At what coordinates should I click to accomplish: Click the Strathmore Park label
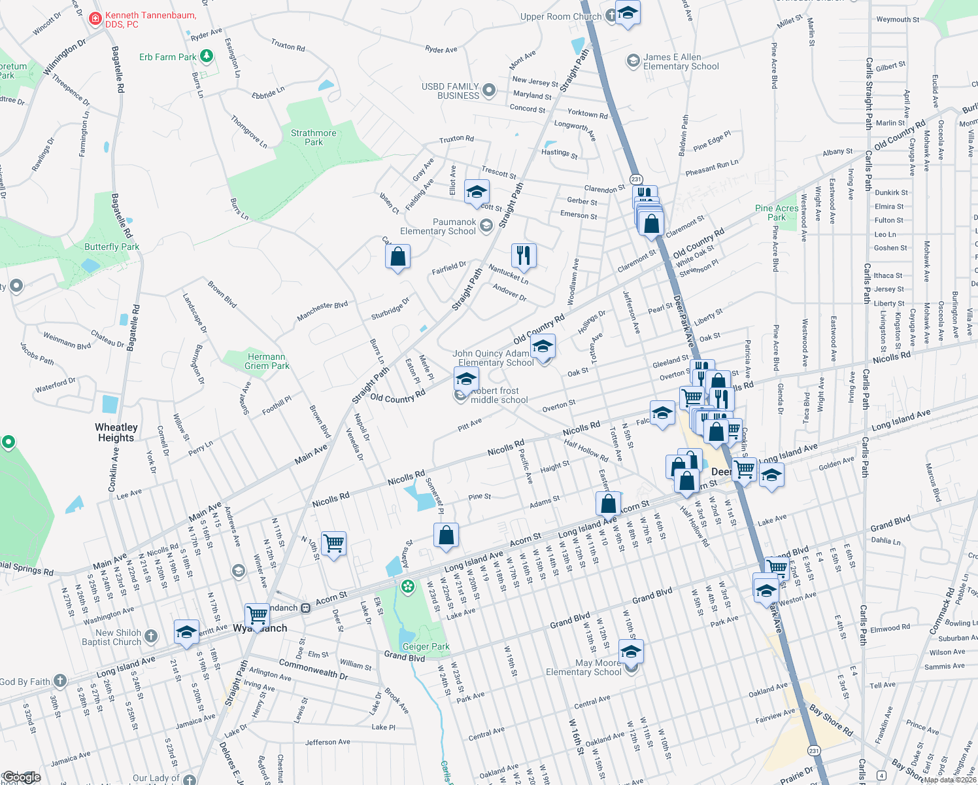pos(314,137)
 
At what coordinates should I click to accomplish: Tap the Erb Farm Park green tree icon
pos(207,56)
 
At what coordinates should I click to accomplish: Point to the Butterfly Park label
pos(112,247)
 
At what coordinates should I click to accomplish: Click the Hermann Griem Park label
pos(267,361)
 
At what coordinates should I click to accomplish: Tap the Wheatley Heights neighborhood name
pos(116,432)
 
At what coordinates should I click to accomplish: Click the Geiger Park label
pos(426,646)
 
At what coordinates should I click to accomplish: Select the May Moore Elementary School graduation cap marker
pos(631,652)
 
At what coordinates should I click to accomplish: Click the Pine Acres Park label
pos(777,213)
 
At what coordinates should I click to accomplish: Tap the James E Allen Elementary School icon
pos(633,61)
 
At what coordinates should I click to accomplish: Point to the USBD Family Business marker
pos(489,90)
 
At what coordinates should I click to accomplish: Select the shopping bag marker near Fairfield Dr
pos(397,256)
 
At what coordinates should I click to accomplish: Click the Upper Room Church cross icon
pos(611,16)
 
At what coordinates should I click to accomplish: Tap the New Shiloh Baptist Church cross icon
pos(151,636)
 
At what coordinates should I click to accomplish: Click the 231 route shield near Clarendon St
pos(636,179)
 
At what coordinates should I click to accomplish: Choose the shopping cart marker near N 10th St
pos(333,543)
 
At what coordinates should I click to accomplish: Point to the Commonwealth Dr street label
pos(313,669)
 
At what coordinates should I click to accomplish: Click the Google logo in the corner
pos(22,777)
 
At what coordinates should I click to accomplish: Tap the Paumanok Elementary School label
pos(438,226)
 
